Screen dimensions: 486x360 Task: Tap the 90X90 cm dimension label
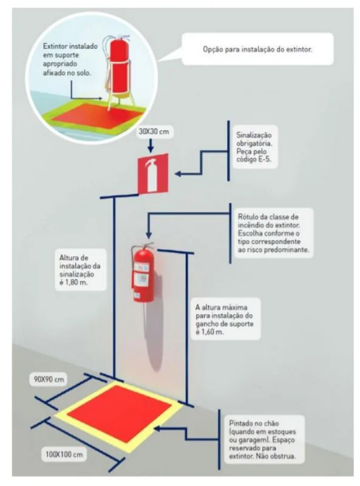click(52, 380)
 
